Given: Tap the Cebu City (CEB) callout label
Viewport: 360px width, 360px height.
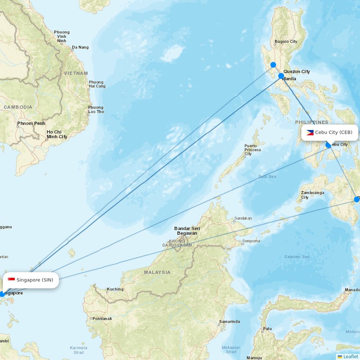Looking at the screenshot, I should (x=329, y=132).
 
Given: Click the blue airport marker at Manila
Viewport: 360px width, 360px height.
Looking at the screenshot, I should (x=281, y=76).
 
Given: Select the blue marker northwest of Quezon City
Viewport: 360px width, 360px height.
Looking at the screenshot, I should (x=273, y=65).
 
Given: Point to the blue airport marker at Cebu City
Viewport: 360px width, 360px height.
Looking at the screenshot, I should (x=328, y=145).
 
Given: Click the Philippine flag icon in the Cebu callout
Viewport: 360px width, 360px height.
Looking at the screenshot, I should (x=310, y=132).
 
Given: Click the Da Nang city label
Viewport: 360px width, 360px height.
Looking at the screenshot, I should (x=80, y=47).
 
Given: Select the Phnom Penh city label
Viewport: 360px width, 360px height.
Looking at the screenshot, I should (x=31, y=123).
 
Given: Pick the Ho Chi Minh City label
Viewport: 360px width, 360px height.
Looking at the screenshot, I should (x=57, y=134).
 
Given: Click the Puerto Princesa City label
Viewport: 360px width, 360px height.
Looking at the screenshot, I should (x=253, y=150).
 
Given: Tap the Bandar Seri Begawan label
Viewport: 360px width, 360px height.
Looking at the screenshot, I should (x=187, y=231).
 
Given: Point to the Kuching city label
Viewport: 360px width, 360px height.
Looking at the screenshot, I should (x=115, y=289).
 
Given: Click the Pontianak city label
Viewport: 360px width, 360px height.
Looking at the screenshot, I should (x=102, y=319).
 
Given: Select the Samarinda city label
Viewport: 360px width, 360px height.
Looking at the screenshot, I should (x=229, y=321).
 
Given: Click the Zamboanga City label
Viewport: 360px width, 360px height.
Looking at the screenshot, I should (x=312, y=195).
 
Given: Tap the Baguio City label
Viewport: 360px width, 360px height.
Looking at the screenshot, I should (x=286, y=41).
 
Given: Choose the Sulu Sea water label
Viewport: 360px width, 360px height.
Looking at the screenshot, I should (x=267, y=176).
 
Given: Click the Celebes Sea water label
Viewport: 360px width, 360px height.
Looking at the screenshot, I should (x=297, y=257).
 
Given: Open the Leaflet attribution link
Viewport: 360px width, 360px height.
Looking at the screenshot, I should (x=350, y=356).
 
